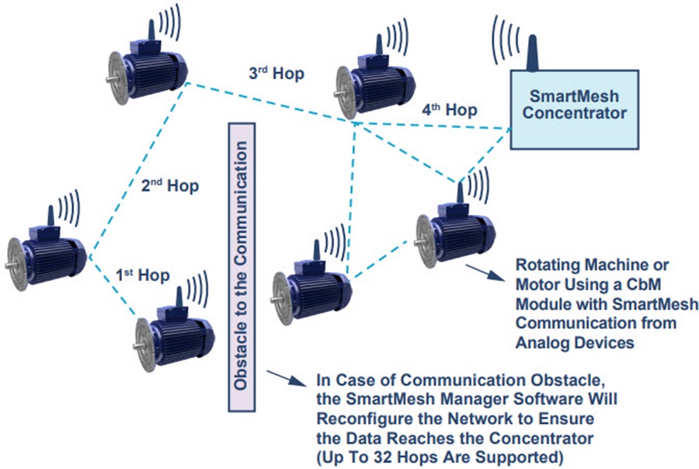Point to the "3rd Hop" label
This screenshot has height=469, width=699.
[x=276, y=75]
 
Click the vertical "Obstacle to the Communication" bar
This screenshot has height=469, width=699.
[x=242, y=265]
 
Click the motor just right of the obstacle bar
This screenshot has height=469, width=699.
[x=310, y=284]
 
